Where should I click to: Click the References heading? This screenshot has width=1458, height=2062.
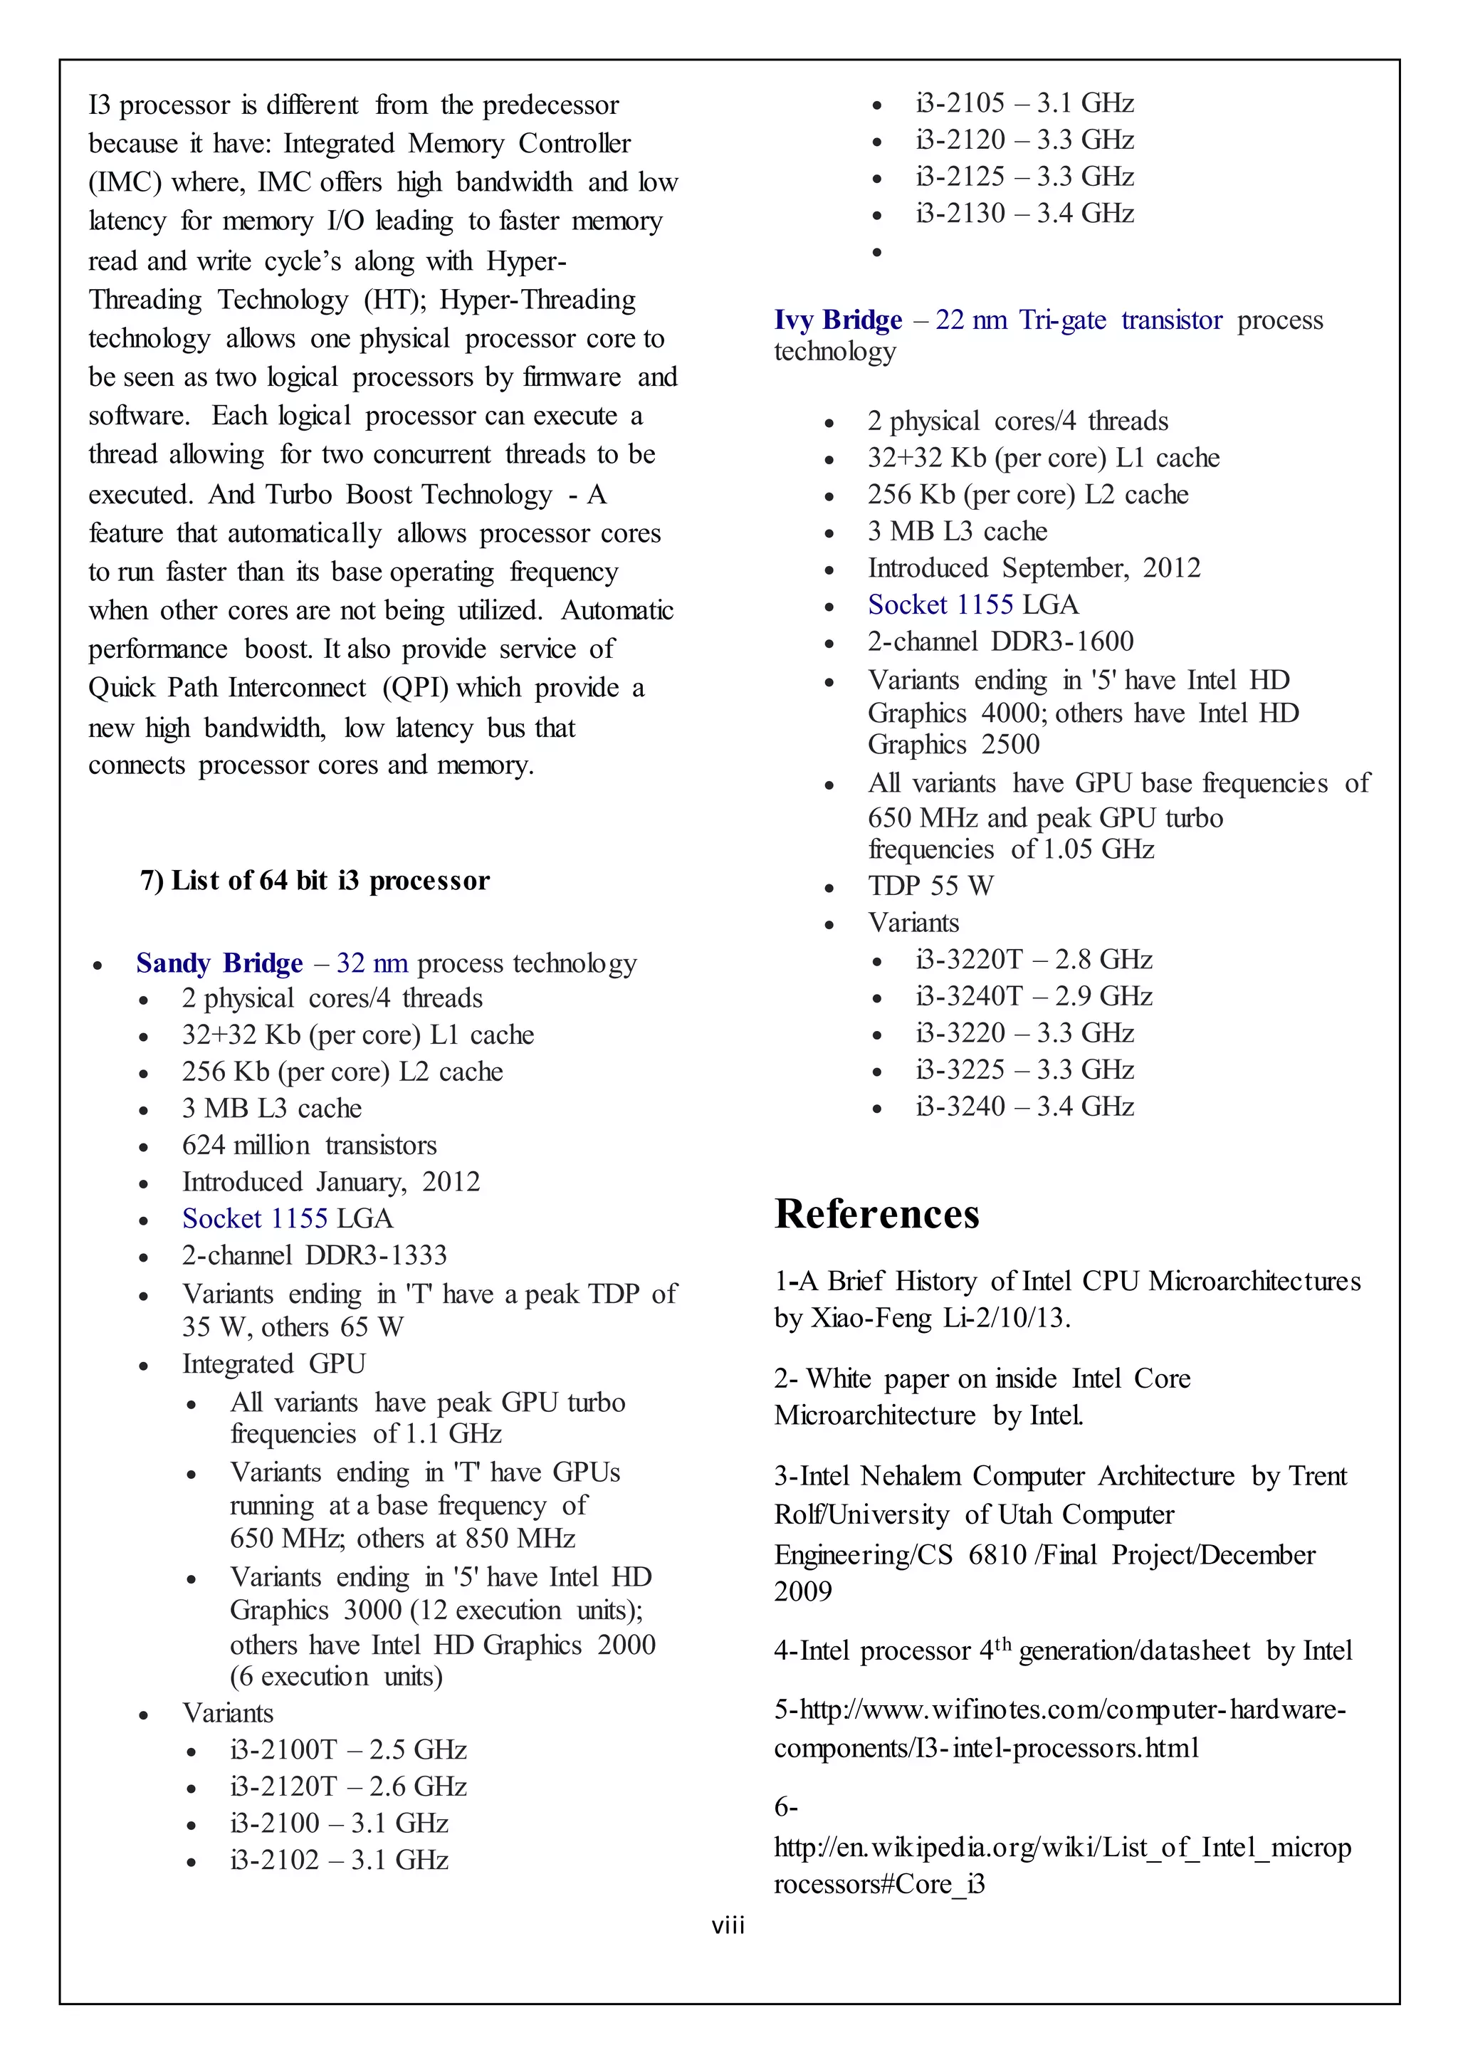876,1214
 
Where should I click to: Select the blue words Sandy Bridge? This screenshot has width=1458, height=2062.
219,963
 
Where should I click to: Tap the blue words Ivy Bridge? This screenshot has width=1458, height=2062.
838,320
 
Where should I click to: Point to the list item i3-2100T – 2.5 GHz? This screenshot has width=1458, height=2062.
348,1749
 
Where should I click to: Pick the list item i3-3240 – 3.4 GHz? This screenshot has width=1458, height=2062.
1024,1106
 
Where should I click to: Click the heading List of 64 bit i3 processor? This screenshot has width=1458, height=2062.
315,880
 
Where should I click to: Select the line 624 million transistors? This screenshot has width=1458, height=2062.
309,1145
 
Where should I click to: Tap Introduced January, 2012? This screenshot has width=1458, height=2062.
330,1181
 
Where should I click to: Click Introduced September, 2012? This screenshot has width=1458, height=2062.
1034,567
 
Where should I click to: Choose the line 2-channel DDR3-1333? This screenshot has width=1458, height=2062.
314,1255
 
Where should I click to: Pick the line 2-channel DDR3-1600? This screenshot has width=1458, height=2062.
1000,642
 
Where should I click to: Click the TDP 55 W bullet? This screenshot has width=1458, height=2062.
930,886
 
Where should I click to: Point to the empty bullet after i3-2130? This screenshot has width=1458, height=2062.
877,251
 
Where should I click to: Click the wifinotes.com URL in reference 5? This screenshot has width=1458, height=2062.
1059,1728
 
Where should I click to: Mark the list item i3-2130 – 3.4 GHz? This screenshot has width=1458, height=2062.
1024,213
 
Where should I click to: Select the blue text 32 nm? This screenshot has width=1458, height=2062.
372,963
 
